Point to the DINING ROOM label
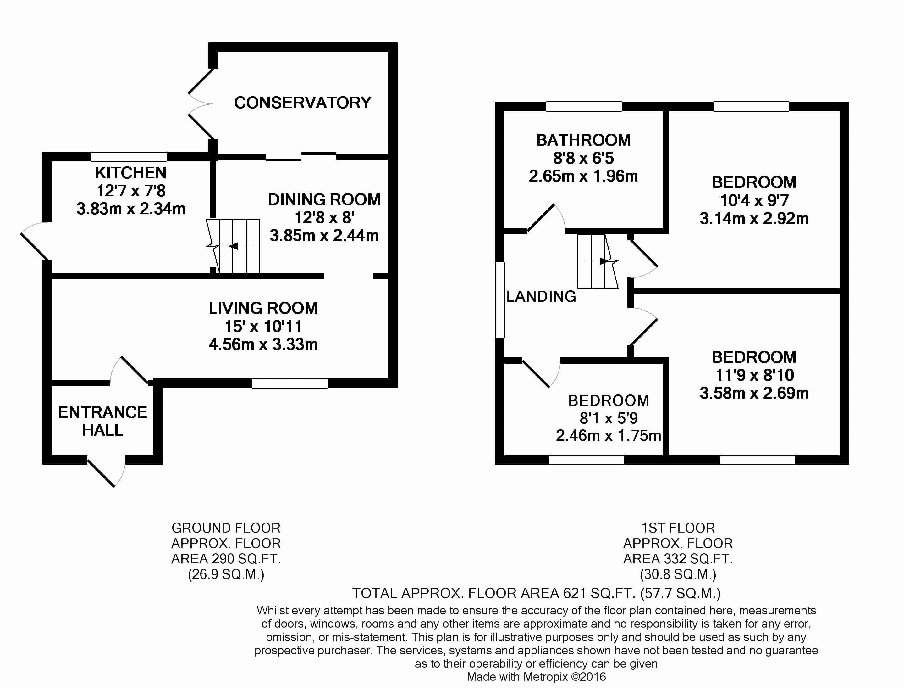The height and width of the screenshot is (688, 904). [324, 199]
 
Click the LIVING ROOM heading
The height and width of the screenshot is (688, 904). [263, 308]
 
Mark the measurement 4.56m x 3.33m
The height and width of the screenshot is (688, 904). [263, 344]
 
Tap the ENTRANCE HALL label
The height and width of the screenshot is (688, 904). [102, 421]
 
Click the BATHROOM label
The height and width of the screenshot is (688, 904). [583, 140]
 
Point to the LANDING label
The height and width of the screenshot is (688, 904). [541, 296]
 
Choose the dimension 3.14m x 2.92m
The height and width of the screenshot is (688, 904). [754, 218]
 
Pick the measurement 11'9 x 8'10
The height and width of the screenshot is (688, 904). [754, 375]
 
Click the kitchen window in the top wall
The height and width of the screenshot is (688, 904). [129, 156]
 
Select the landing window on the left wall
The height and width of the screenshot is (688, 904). [500, 300]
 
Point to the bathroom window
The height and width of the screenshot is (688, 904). [584, 106]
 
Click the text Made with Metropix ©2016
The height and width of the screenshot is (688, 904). [536, 677]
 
